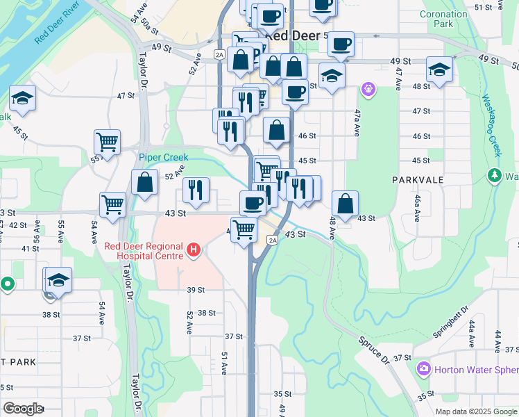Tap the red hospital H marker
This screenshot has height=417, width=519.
coord(194,249)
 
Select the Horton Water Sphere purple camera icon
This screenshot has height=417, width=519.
coord(423,368)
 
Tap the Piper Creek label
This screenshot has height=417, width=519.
coord(163,158)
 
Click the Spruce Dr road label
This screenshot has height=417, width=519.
coord(374,350)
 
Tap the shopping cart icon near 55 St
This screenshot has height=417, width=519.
coord(108,142)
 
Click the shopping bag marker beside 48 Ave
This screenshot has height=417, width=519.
coord(345,203)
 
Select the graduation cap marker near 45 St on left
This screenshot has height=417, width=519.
coord(22,99)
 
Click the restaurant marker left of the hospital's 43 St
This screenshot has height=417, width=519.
coord(196,190)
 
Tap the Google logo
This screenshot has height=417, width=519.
coord(22,409)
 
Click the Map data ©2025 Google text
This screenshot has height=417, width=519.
coord(475,411)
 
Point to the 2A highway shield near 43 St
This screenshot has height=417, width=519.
coord(273,240)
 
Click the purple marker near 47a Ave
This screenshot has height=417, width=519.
coord(368,89)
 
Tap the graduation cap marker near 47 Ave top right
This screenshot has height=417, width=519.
coord(439,69)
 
